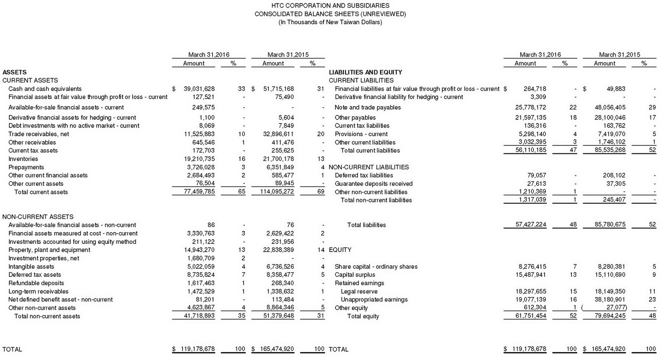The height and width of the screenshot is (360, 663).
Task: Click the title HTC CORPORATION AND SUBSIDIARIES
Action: click(x=330, y=6)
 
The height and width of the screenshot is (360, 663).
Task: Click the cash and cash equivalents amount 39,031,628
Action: click(x=199, y=89)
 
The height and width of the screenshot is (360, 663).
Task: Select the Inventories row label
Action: click(x=23, y=159)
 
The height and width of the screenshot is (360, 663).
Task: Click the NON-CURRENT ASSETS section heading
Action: click(x=38, y=217)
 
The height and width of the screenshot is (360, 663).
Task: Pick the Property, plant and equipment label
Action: click(x=49, y=250)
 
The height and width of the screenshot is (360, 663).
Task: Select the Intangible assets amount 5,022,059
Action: click(x=201, y=267)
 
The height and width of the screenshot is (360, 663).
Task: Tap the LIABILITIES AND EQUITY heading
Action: click(x=366, y=72)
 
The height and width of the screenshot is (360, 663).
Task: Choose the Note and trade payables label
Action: click(x=368, y=107)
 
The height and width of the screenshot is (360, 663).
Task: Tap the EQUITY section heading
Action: click(x=340, y=250)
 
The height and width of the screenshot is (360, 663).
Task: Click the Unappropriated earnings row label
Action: click(x=374, y=300)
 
